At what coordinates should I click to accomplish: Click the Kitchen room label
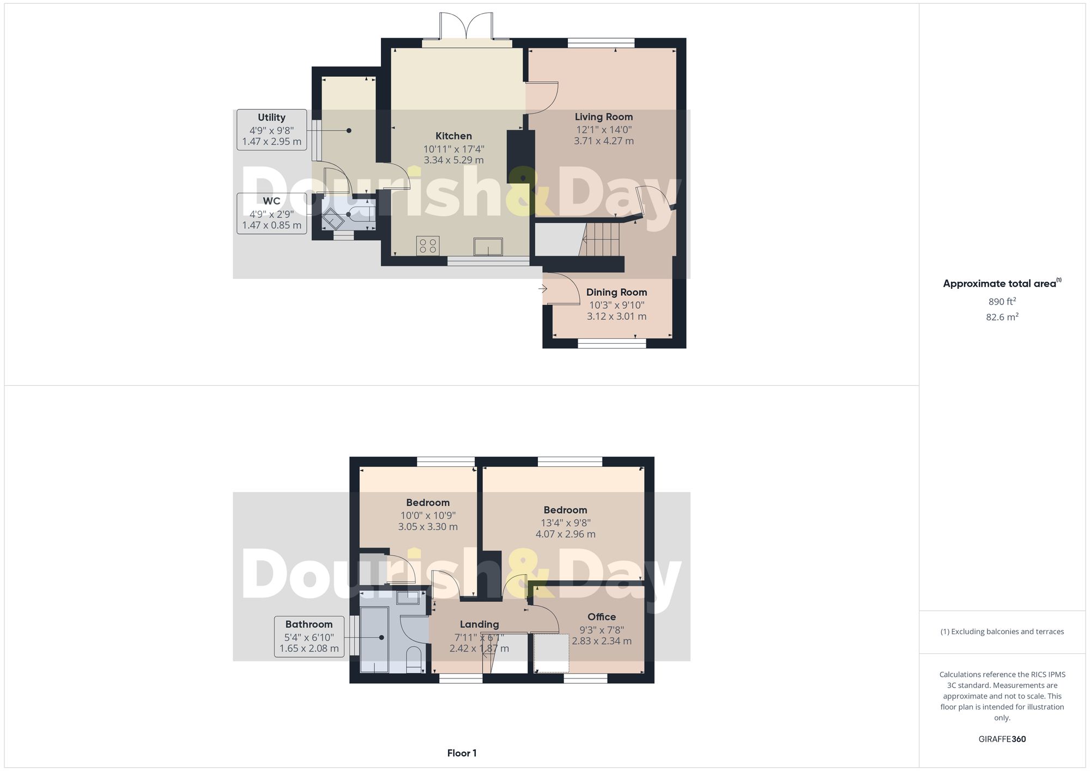coord(453,136)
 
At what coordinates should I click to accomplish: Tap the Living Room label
coord(603,117)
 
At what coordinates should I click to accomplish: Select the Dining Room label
coord(616,293)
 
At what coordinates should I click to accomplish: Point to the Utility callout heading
coord(271,118)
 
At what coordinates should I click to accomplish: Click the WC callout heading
coord(271,201)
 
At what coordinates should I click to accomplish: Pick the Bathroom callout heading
coord(308,624)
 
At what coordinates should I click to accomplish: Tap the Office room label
coord(602,617)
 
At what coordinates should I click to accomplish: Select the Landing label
coord(479,624)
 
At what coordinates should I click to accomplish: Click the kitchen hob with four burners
coord(428,245)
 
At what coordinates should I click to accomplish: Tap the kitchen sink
coord(488,246)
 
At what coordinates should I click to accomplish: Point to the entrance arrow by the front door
coord(542,289)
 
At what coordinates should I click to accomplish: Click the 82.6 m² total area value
coord(1002,317)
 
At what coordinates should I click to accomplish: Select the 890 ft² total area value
coord(1002,301)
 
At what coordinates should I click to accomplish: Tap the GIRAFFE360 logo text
coord(1002,739)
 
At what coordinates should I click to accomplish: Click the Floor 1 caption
coord(462,754)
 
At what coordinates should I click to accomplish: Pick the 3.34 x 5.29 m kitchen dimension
coord(453,160)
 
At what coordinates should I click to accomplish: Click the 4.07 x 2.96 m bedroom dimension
coord(565,534)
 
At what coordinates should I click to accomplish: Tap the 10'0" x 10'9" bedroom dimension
coord(428,515)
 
